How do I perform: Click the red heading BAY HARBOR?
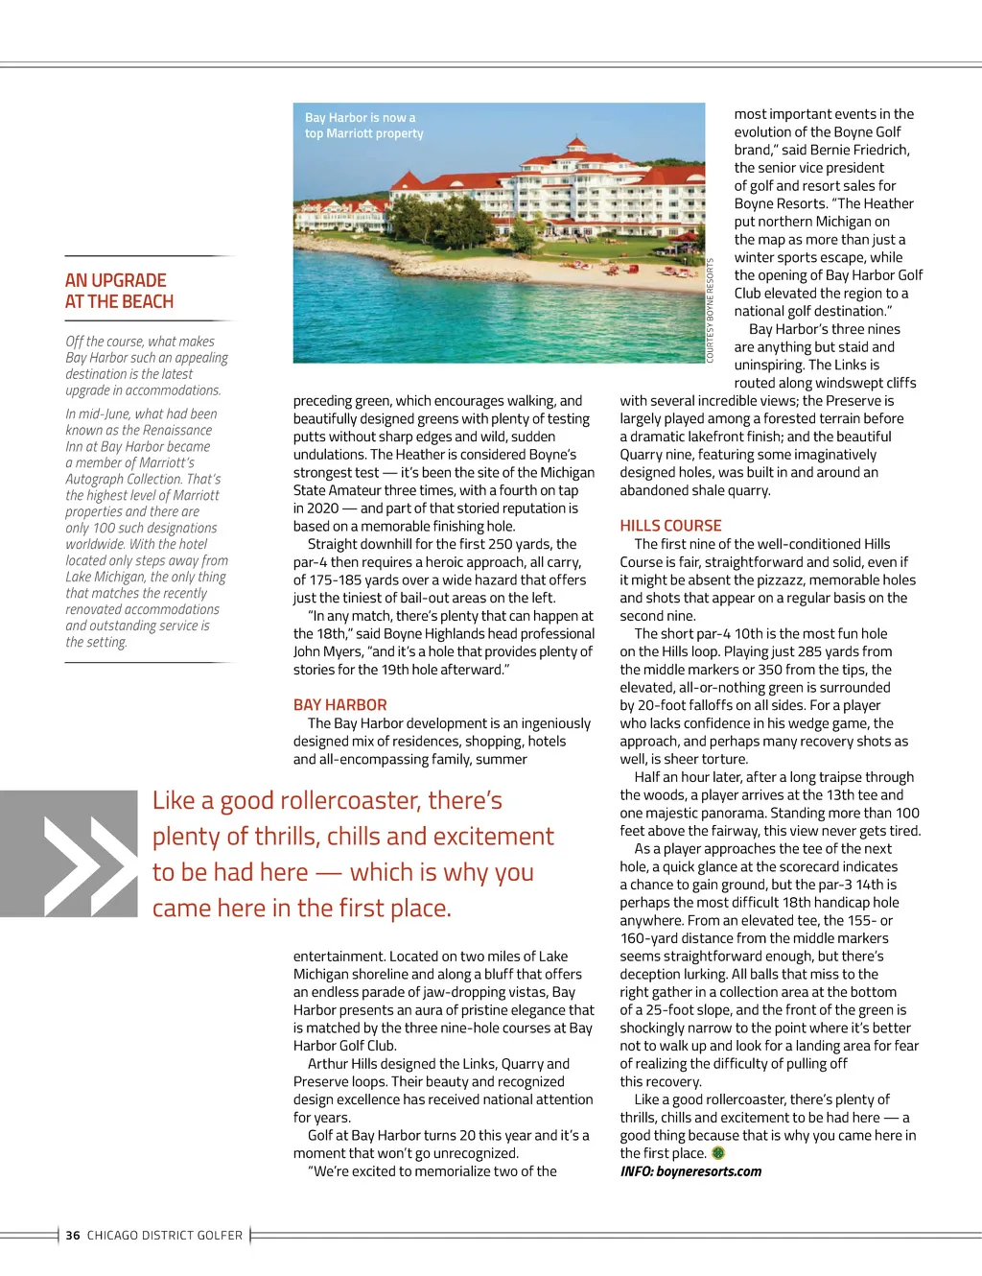click(339, 705)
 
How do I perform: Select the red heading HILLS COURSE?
click(670, 526)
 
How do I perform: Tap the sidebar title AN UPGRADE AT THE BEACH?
click(119, 291)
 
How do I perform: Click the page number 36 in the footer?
click(73, 1236)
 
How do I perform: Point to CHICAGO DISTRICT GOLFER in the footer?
click(165, 1236)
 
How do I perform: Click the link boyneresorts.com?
click(709, 1171)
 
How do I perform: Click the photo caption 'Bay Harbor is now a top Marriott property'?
click(363, 126)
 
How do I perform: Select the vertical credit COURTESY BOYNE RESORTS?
click(711, 311)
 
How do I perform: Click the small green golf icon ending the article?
click(718, 1153)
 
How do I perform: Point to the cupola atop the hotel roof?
click(575, 147)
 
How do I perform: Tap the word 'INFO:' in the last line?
click(637, 1171)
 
